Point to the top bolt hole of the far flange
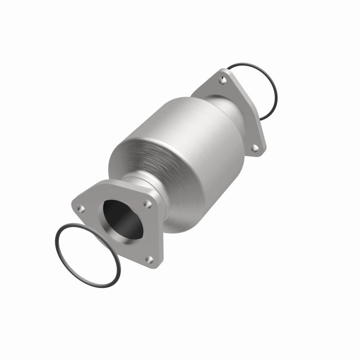[x=222, y=81]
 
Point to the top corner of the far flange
[x=222, y=72]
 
